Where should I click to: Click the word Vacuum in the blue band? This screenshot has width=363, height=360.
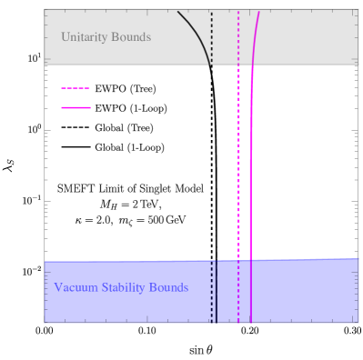pyautogui.click(x=74, y=288)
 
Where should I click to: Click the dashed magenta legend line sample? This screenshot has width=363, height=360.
pyautogui.click(x=76, y=89)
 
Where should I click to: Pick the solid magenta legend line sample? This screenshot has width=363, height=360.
pyautogui.click(x=76, y=107)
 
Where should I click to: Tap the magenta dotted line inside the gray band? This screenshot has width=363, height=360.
pyautogui.click(x=238, y=36)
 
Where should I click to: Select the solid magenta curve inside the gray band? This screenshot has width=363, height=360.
pyautogui.click(x=255, y=36)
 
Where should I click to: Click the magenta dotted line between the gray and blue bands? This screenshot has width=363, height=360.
pyautogui.click(x=238, y=164)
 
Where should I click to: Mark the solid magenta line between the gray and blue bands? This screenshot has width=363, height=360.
pyautogui.click(x=251, y=164)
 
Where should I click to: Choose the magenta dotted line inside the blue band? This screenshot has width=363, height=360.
pyautogui.click(x=238, y=291)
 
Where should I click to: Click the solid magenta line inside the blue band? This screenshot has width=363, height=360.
pyautogui.click(x=251, y=291)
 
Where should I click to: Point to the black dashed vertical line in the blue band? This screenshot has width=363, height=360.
pyautogui.click(x=212, y=291)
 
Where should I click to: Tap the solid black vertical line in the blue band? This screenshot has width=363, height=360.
pyautogui.click(x=217, y=291)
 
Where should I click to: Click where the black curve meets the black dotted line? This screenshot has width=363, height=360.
pyautogui.click(x=211, y=63)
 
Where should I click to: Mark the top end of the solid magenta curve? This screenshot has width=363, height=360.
pyautogui.click(x=259, y=11)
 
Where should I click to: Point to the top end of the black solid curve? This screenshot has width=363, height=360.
pyautogui.click(x=178, y=11)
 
